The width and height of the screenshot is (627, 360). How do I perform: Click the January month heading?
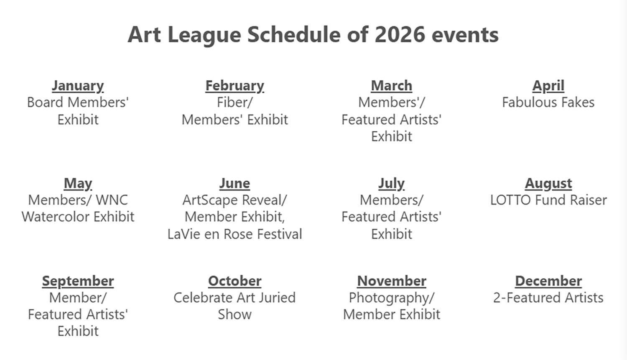(78, 86)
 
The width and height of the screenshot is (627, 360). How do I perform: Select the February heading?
(234, 86)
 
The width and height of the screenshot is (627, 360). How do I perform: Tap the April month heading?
(548, 86)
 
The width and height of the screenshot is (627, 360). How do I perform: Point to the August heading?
(548, 184)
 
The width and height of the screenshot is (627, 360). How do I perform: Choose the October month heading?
(234, 281)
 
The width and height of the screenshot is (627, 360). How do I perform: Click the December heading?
(548, 281)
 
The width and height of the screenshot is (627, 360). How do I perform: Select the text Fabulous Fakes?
(548, 102)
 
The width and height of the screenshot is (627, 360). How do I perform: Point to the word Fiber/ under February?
(234, 102)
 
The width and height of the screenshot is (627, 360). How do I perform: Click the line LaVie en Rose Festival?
(234, 234)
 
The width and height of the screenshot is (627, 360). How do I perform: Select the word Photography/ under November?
(391, 298)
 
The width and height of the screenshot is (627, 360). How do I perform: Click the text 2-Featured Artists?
(548, 298)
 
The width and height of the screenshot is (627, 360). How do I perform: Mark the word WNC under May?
(112, 200)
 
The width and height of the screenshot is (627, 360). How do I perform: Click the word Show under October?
(234, 314)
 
